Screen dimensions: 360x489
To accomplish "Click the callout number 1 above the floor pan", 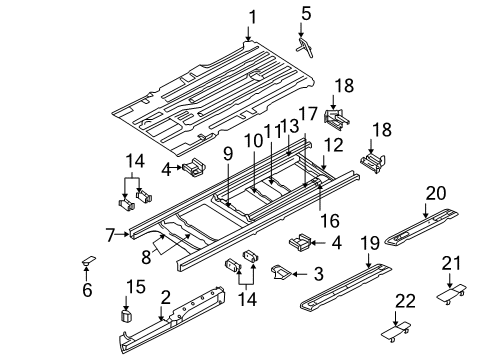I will click(x=253, y=15).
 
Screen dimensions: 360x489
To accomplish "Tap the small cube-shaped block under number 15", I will click(x=126, y=315).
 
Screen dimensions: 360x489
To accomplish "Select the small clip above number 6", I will click(x=87, y=262).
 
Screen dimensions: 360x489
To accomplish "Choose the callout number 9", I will click(x=228, y=154).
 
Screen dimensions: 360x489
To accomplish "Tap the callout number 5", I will click(x=306, y=14).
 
